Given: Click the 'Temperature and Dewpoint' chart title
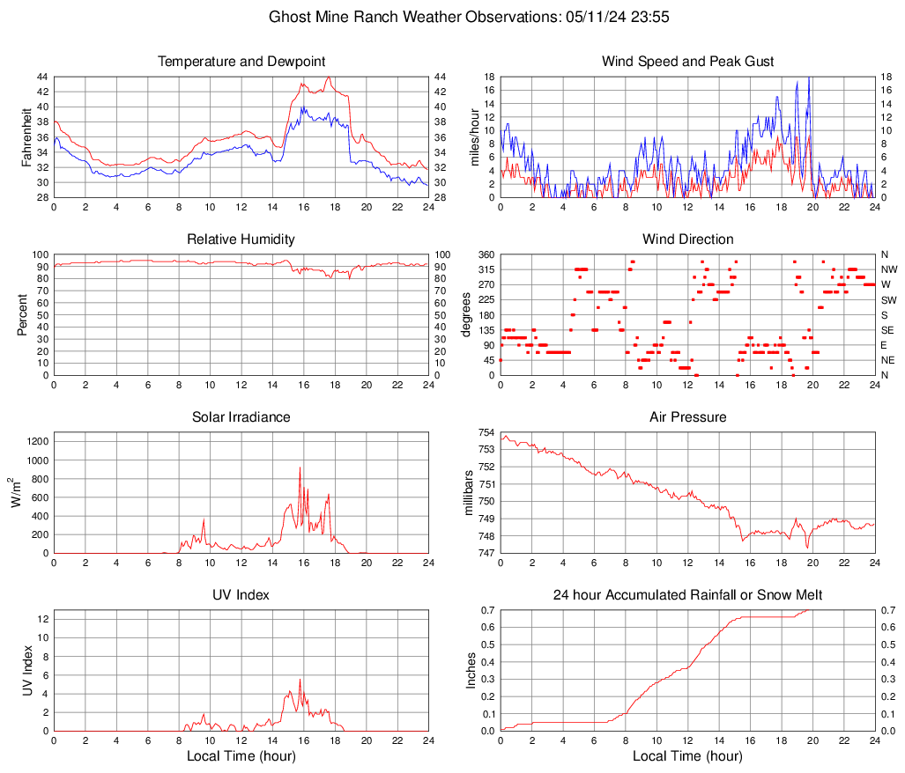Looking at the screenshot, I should (x=241, y=62).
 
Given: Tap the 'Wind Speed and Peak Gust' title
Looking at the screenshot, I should (x=687, y=62).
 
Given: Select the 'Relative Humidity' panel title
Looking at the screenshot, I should (x=241, y=239).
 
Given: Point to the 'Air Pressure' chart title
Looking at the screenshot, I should (x=687, y=417).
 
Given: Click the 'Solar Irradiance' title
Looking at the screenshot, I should (x=241, y=417).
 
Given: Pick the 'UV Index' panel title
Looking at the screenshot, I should (x=241, y=595).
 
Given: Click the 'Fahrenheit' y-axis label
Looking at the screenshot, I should (x=27, y=137).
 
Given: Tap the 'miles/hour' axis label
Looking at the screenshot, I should (x=475, y=137).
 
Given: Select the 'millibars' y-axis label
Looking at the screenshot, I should (x=469, y=493).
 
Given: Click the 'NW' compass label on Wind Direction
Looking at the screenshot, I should (x=888, y=269).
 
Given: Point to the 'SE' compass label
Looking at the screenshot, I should (x=887, y=330).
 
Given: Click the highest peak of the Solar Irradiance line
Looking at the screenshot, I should (x=300, y=467).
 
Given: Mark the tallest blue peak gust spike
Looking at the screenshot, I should (x=808, y=77).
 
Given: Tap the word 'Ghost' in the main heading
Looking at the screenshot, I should (x=289, y=17).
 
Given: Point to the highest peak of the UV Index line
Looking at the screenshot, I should (x=300, y=679).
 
